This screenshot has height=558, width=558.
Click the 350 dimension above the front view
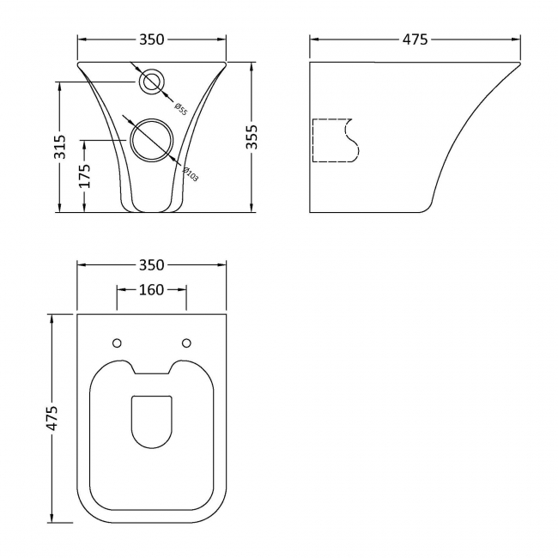[152, 39]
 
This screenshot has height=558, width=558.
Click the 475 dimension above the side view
[415, 39]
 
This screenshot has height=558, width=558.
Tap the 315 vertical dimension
[59, 145]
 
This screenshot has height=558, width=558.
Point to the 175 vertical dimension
[85, 175]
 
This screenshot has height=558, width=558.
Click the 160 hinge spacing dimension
[152, 289]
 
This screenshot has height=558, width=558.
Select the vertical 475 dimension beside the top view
[52, 418]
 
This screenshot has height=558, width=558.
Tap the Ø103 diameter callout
[190, 173]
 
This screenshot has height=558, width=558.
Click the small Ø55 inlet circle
[152, 82]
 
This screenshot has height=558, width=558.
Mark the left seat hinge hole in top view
[118, 343]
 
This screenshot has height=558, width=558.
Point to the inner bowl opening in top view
[152, 422]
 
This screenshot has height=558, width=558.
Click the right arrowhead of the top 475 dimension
[518, 39]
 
